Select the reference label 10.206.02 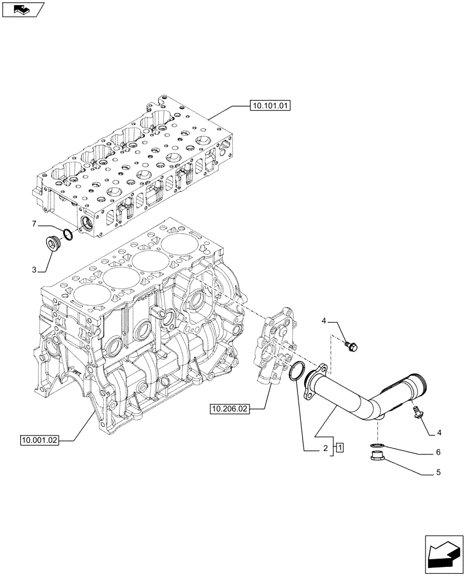pyautogui.click(x=229, y=409)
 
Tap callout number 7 pyautogui.click(x=34, y=222)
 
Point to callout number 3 pyautogui.click(x=34, y=270)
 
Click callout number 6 pyautogui.click(x=438, y=452)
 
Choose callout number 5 pyautogui.click(x=438, y=474)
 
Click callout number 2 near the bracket pyautogui.click(x=325, y=448)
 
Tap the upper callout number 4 pyautogui.click(x=324, y=321)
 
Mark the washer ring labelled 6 pyautogui.click(x=377, y=446)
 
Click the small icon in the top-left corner pyautogui.click(x=22, y=9)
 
